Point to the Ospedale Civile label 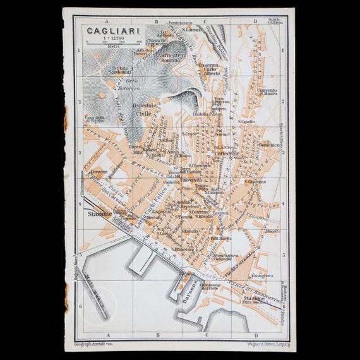tap(145, 111)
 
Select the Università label tap(191, 179)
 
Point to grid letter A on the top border tap(108, 20)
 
